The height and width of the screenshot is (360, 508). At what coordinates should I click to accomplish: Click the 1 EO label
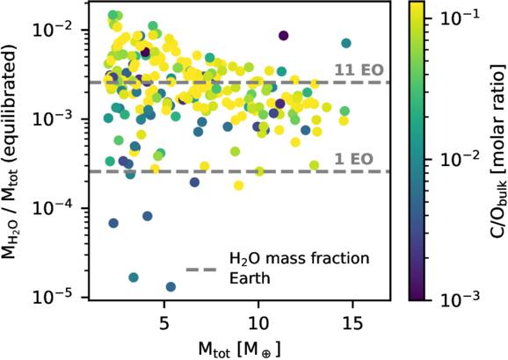(352, 159)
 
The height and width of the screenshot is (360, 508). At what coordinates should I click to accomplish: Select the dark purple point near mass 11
(283, 35)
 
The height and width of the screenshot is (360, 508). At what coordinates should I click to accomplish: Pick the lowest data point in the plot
(171, 287)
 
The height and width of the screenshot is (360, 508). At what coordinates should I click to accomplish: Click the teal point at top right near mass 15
(346, 43)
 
